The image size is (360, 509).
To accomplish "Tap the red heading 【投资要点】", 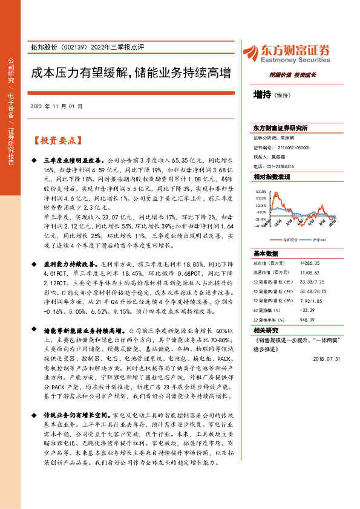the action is [56, 140].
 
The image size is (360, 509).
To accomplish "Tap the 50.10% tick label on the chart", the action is [261, 190].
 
